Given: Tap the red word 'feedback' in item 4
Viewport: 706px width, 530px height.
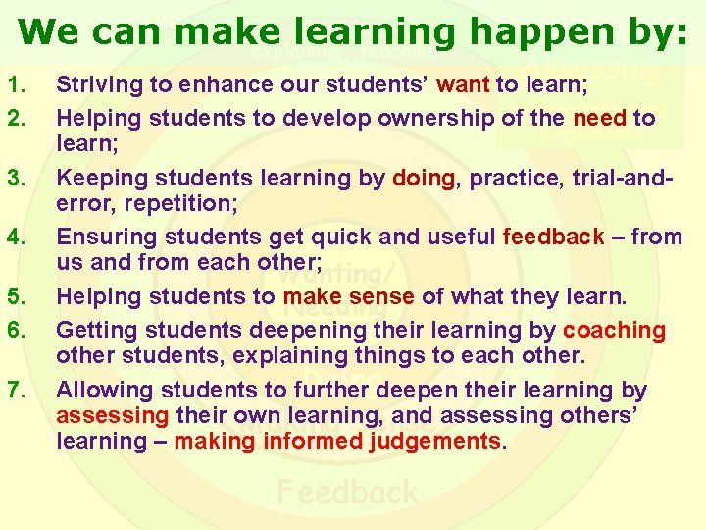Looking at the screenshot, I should coord(553,237).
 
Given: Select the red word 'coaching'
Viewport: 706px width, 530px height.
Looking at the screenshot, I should coord(614,330).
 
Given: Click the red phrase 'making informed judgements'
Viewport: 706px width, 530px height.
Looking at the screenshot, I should coord(336,441).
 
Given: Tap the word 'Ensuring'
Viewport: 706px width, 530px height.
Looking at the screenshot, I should coord(101,237).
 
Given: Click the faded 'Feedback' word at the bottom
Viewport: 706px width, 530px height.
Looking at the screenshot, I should coord(347,491).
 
